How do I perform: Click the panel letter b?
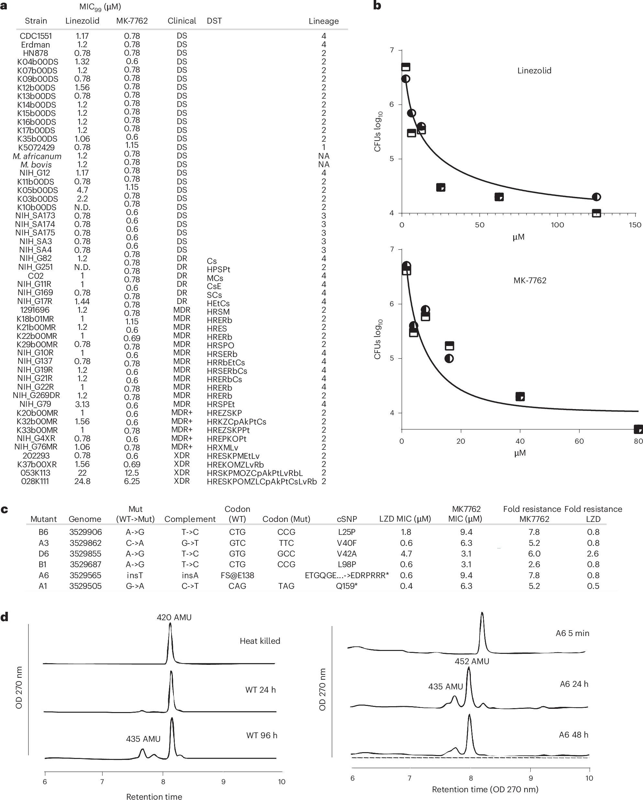pyautogui.click(x=377, y=5)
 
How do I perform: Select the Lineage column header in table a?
pyautogui.click(x=323, y=21)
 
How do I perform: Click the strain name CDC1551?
pyautogui.click(x=36, y=36)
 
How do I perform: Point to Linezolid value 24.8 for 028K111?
pyautogui.click(x=82, y=481)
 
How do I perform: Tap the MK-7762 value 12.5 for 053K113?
pyautogui.click(x=132, y=473)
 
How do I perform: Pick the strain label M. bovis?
pyautogui.click(x=36, y=164)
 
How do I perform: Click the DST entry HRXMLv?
pyautogui.click(x=222, y=448)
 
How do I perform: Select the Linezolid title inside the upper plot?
pyautogui.click(x=534, y=70)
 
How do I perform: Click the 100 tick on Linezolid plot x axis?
pyautogui.click(x=557, y=225)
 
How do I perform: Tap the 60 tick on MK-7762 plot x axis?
pyautogui.click(x=579, y=441)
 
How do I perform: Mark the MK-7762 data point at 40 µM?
pyautogui.click(x=520, y=397)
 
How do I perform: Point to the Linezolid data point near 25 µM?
pyautogui.click(x=441, y=187)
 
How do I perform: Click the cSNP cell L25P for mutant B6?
pyautogui.click(x=347, y=532)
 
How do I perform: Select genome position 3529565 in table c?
pyautogui.click(x=85, y=575)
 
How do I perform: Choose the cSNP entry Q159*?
pyautogui.click(x=347, y=586)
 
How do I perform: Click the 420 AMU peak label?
pyautogui.click(x=174, y=617)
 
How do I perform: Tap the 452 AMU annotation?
pyautogui.click(x=471, y=661)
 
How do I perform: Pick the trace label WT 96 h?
pyautogui.click(x=262, y=735)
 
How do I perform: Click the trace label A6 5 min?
pyautogui.click(x=572, y=633)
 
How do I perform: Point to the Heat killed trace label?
pyautogui.click(x=260, y=641)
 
